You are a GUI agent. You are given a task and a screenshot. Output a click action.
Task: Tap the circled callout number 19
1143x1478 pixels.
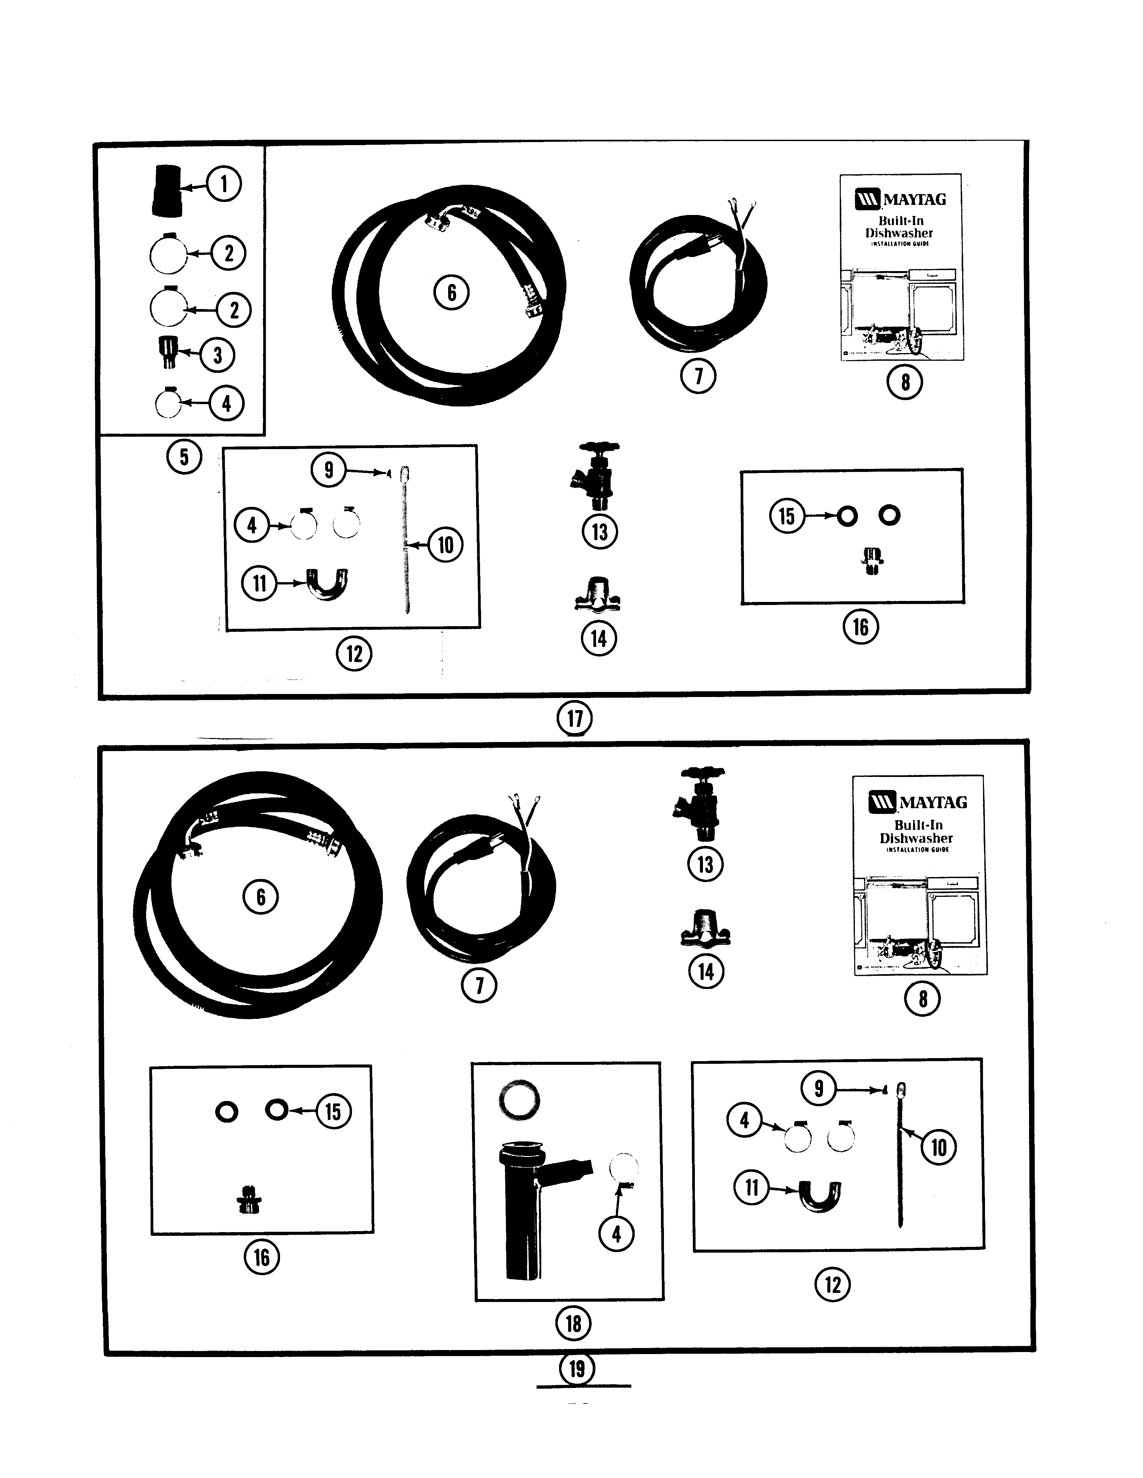point(577,1368)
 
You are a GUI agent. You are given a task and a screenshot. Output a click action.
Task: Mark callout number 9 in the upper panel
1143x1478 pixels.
point(328,470)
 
